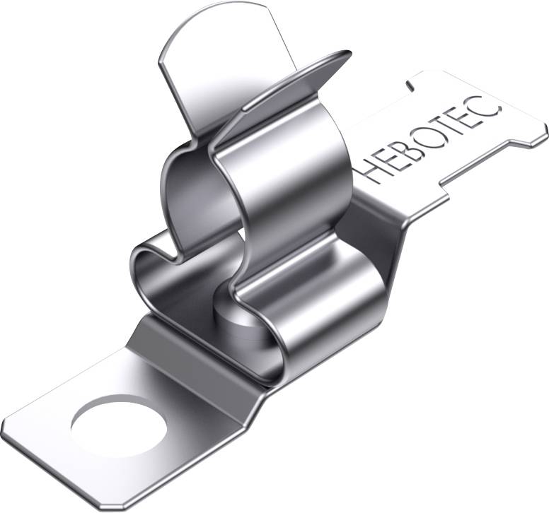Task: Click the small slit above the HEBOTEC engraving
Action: pos(410,84)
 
